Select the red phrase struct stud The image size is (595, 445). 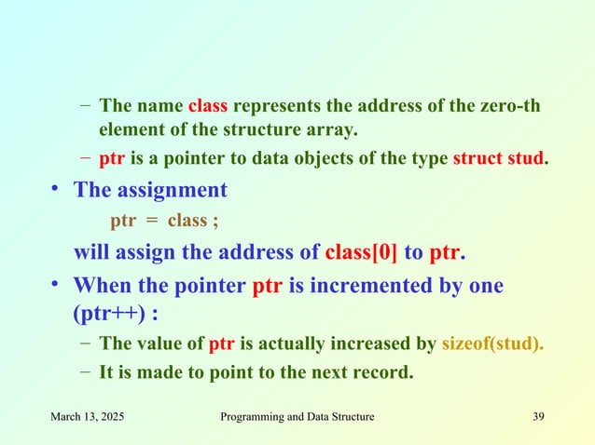coord(497,155)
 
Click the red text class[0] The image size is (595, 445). coord(362,252)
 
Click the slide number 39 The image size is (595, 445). coord(537,416)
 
